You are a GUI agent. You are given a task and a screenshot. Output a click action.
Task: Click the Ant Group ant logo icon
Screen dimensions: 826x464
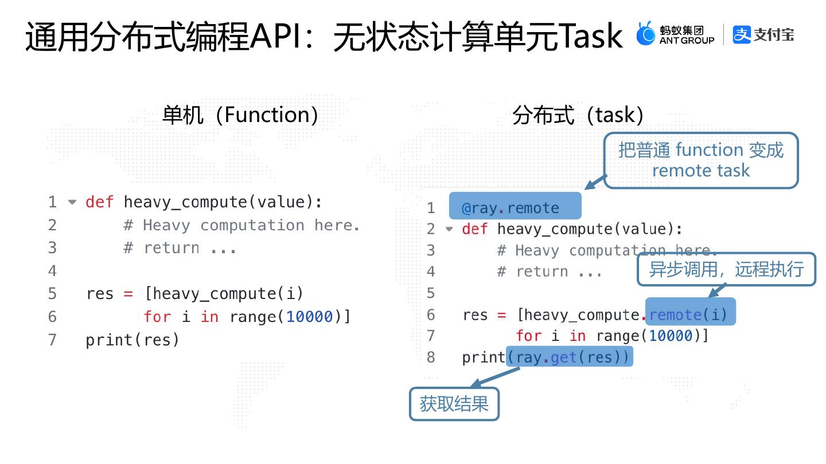[x=646, y=34]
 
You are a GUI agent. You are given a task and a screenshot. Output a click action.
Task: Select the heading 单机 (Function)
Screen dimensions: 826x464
[x=240, y=115]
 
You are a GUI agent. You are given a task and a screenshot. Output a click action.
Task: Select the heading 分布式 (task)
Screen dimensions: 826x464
[x=578, y=115]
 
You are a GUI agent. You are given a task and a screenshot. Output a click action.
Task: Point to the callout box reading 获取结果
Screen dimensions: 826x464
[x=454, y=404]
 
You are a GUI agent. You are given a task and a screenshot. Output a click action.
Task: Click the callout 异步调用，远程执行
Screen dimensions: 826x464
[x=726, y=269]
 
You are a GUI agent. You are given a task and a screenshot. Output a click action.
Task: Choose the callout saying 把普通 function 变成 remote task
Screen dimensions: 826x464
[x=700, y=160]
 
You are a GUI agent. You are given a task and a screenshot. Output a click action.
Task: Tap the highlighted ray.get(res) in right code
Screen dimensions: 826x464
[x=569, y=357]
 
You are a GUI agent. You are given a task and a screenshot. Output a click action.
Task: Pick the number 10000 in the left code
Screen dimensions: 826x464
[x=310, y=316]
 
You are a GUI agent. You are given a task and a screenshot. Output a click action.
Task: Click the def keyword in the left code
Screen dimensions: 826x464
[x=99, y=202]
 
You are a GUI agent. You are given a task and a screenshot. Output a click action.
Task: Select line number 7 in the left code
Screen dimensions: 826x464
[x=52, y=340]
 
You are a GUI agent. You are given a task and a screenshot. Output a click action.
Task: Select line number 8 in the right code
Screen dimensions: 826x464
[x=431, y=357]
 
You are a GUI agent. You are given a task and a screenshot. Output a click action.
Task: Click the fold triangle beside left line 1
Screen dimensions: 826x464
[x=72, y=202]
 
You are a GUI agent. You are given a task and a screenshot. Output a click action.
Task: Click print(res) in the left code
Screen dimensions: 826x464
[x=133, y=340]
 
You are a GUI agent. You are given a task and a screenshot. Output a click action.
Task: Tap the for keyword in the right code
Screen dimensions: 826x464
[x=528, y=336]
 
